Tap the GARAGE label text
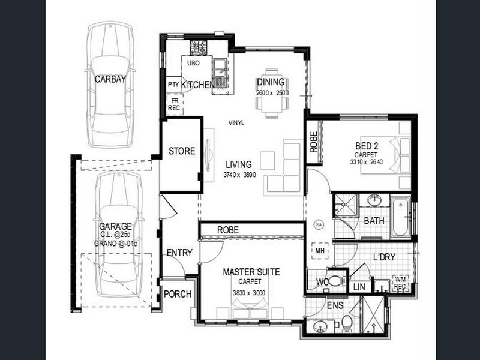(115, 226)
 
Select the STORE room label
(181, 151)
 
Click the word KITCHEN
(197, 85)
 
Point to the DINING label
(270, 82)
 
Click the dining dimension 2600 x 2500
(272, 93)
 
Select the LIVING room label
(238, 164)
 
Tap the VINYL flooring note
(236, 123)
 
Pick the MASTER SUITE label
(251, 272)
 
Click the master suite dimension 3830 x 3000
(251, 293)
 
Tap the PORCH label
(177, 294)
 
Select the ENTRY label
(179, 253)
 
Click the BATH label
(374, 221)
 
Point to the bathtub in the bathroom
(400, 216)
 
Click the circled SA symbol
(318, 225)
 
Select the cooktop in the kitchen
(198, 47)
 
